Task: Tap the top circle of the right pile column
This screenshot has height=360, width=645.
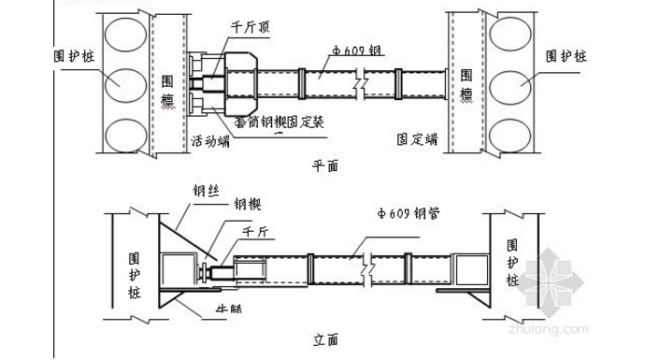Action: [513, 36]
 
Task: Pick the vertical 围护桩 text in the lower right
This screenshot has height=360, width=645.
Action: [513, 262]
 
